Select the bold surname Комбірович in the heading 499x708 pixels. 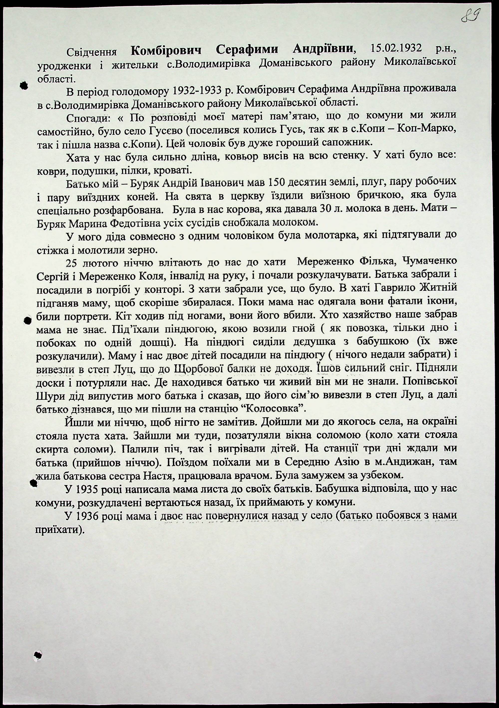[x=166, y=50]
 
